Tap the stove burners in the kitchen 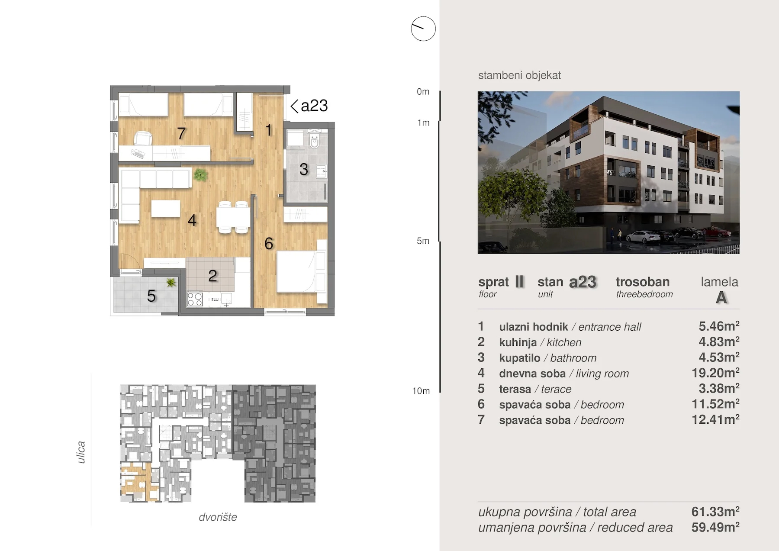coord(194,299)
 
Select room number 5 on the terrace coord(151,296)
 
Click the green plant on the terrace coord(171,283)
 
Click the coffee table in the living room coord(166,208)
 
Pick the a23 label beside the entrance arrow coord(314,106)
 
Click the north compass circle coord(423,29)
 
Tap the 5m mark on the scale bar coord(423,241)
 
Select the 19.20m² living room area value coord(715,373)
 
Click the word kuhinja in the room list coord(518,342)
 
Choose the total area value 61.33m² coord(715,512)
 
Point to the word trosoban coord(643,282)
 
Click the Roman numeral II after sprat coord(519,282)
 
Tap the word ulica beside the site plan coord(81,452)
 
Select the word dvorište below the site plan coord(218,517)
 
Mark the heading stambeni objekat coord(519,75)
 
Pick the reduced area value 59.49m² coord(715,527)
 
